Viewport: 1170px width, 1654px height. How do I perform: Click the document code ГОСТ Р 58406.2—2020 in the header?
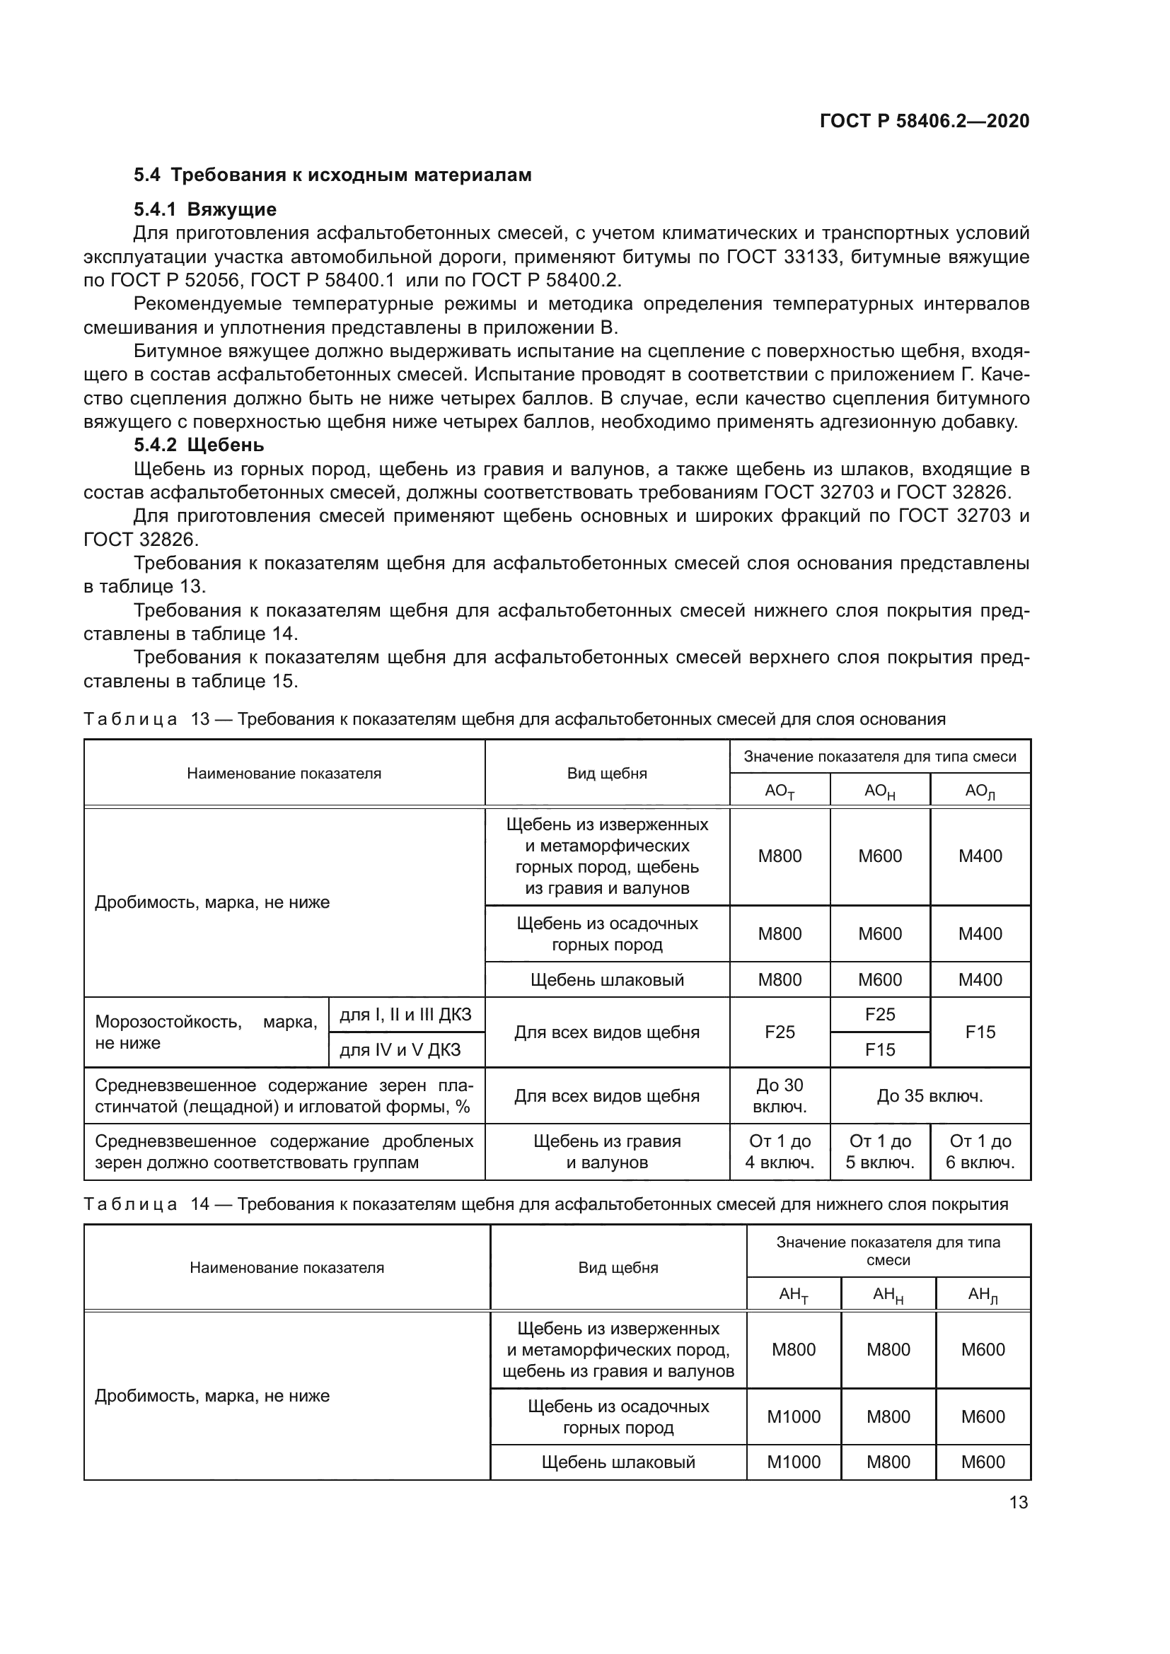(925, 121)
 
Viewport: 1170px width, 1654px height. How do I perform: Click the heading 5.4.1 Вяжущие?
(204, 209)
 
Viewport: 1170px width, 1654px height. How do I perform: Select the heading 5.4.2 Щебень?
(199, 445)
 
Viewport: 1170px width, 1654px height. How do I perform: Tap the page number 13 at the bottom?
(1018, 1502)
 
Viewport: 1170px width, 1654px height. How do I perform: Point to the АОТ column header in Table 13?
(780, 791)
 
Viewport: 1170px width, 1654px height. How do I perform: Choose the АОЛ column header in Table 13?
(980, 791)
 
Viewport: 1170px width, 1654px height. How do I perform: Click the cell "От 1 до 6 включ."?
(980, 1152)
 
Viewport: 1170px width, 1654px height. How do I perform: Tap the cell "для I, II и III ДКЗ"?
(405, 1015)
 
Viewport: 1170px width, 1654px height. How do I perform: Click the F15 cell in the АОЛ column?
(980, 1032)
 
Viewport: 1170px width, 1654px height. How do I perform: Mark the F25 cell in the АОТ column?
(780, 1032)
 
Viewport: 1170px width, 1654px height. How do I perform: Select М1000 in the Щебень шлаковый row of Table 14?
(793, 1462)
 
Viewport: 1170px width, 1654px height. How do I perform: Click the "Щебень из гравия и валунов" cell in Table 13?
(607, 1152)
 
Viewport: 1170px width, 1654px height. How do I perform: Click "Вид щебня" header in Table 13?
(607, 774)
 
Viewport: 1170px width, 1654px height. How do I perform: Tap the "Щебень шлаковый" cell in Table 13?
(607, 979)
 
